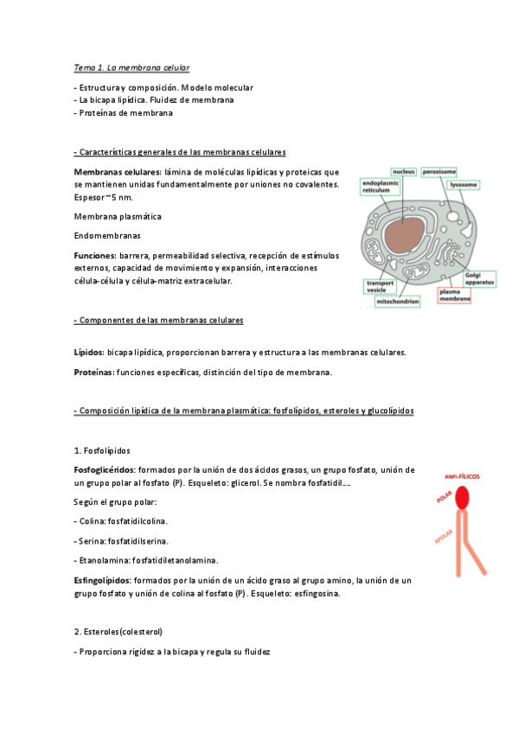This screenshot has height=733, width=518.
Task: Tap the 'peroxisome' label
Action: click(x=441, y=172)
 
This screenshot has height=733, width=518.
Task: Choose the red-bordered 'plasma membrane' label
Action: click(x=454, y=296)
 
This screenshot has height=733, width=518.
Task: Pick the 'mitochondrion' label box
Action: click(x=398, y=301)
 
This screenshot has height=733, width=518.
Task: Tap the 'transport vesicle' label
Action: click(x=380, y=287)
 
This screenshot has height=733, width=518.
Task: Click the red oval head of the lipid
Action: click(x=463, y=496)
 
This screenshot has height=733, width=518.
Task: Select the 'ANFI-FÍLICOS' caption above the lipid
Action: click(x=462, y=476)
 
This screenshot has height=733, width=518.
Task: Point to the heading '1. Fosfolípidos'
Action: click(x=102, y=450)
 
